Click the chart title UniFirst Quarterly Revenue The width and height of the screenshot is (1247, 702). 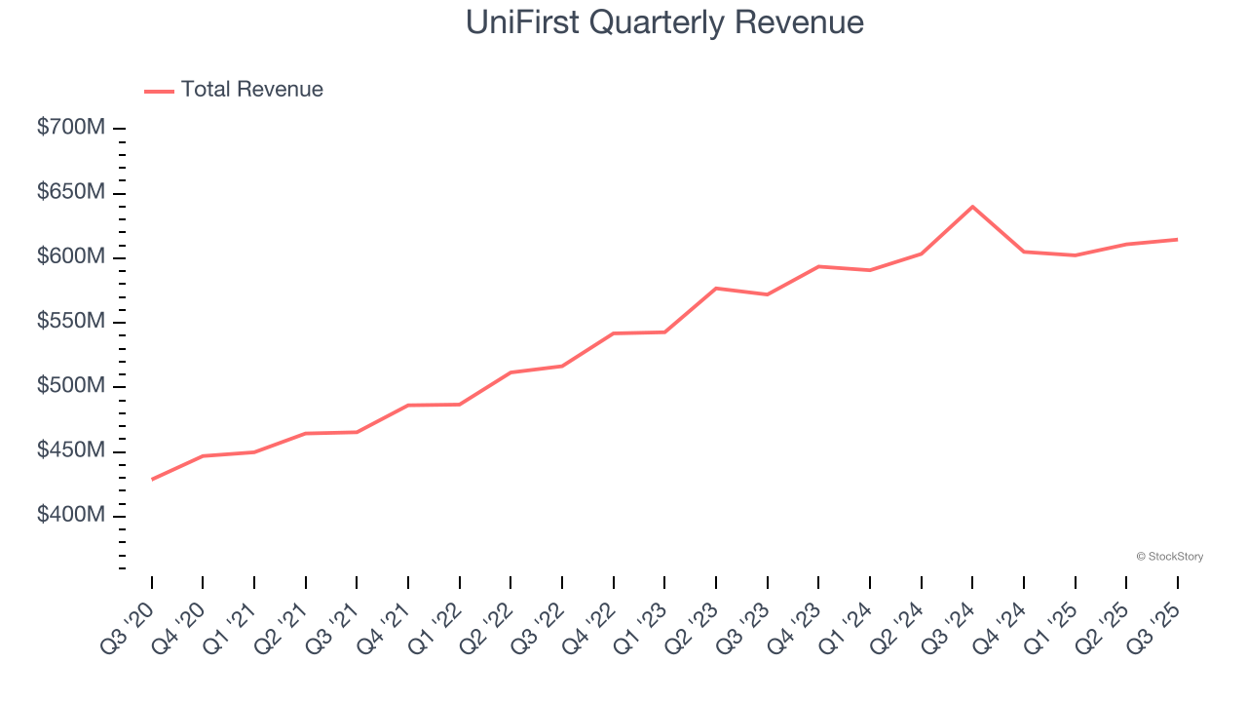pos(664,21)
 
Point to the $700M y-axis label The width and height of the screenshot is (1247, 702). pos(71,128)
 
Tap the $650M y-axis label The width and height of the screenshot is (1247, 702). pos(71,192)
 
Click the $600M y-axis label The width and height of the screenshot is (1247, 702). pos(71,257)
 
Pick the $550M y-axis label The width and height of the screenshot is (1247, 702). pos(71,322)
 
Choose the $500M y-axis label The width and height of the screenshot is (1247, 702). pos(71,387)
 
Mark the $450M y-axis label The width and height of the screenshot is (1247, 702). pos(71,451)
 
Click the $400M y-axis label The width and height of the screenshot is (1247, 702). pos(71,516)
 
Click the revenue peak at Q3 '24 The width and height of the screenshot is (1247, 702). pos(972,207)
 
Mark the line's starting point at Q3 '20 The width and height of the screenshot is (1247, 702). pos(152,480)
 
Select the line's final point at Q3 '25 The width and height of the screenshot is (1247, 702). pos(1177,239)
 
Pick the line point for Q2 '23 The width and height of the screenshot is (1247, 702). pos(716,289)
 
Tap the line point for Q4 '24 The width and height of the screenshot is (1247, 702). pos(1023,252)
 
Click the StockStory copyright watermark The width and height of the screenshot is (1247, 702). pos(1169,557)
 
